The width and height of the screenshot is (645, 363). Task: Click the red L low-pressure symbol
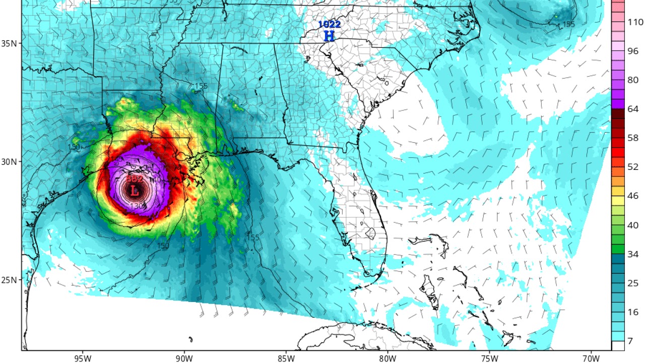pos(134,191)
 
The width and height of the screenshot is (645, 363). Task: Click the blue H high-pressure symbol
pos(329,36)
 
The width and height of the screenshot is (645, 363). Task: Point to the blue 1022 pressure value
pos(329,24)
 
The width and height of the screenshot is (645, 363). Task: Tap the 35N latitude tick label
pos(9,43)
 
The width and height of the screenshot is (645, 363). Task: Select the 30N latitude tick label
pos(9,161)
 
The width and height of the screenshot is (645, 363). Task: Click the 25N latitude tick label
pos(9,280)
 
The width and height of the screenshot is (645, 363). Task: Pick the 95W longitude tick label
pos(81,359)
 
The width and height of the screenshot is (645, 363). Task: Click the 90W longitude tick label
pos(184,359)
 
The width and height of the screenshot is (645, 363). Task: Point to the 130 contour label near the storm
pos(137,206)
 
